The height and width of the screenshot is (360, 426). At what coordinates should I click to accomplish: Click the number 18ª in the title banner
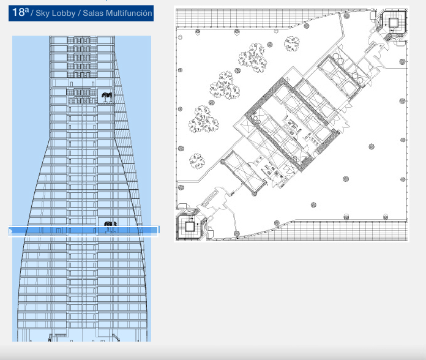click(21, 12)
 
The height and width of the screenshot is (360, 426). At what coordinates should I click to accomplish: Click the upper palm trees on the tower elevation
click(107, 97)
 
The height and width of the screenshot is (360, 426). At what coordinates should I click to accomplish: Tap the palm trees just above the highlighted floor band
click(110, 224)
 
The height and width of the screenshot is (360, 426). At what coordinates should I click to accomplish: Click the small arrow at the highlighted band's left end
click(11, 231)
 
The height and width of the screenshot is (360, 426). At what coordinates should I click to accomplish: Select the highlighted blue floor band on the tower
click(83, 231)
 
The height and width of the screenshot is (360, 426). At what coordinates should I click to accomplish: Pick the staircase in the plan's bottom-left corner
click(190, 226)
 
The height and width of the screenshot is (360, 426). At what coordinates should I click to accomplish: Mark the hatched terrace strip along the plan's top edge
click(258, 18)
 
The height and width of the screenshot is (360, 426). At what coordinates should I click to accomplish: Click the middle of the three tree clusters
click(225, 85)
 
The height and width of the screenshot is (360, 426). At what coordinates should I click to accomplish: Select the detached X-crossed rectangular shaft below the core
click(244, 172)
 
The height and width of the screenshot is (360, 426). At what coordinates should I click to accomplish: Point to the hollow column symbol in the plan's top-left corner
click(180, 37)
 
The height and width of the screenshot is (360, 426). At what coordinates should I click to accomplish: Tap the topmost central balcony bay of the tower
click(82, 40)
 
